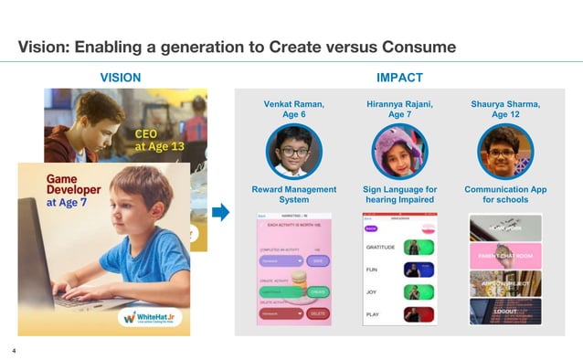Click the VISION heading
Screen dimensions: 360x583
[120, 78]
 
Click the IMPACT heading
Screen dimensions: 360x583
[399, 78]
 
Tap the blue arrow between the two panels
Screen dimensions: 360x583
[220, 213]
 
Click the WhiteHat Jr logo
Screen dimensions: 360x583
[153, 316]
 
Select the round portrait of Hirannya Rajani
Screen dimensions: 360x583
[399, 151]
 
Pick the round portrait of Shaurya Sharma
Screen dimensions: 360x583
[505, 151]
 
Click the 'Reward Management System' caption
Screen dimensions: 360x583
[294, 195]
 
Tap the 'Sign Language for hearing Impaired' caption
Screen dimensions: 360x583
[399, 195]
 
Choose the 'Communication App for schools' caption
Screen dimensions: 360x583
[505, 195]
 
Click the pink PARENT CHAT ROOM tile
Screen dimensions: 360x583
[505, 256]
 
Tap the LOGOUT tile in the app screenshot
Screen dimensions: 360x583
[505, 312]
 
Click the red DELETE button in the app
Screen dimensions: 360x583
[318, 313]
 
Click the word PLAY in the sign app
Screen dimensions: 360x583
[374, 313]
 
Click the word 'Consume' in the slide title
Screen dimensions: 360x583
[416, 47]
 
